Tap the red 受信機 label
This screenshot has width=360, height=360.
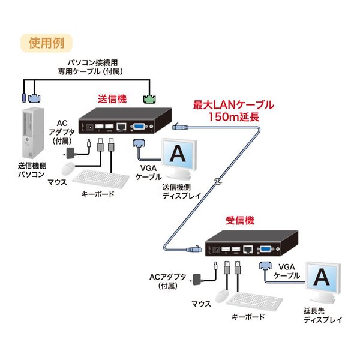[x=240, y=220]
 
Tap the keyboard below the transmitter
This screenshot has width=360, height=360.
[x=100, y=179]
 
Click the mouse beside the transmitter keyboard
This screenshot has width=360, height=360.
[x=69, y=167]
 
